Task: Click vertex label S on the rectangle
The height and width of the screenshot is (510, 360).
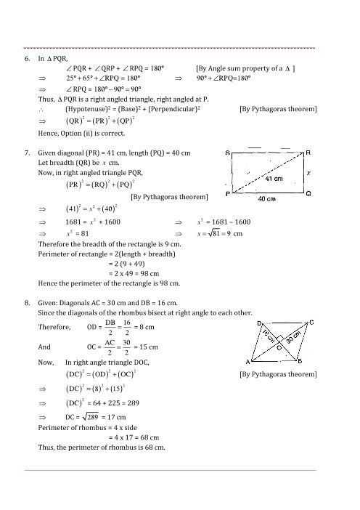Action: pos(229,153)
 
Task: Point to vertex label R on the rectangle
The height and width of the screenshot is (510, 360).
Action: pos(308,153)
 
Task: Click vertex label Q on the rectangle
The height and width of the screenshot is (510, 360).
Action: pos(308,194)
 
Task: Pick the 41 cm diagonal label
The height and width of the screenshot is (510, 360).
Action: pos(273,178)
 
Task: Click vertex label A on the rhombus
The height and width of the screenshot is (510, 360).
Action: pos(248,361)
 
